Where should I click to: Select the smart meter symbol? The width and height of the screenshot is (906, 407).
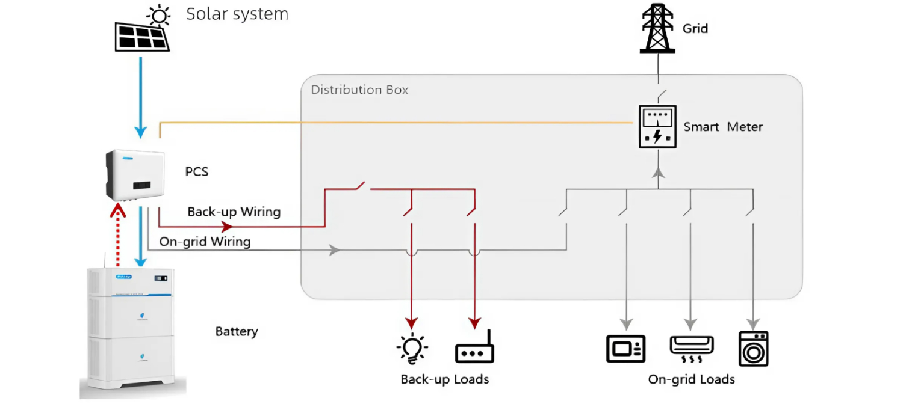click(658, 127)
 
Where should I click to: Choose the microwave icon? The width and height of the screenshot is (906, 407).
click(625, 349)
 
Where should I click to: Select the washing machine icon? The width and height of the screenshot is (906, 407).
click(753, 349)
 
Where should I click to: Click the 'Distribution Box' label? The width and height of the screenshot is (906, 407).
click(359, 90)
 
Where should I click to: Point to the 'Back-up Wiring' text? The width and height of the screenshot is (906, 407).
click(234, 212)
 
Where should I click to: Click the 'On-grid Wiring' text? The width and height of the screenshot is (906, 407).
click(205, 242)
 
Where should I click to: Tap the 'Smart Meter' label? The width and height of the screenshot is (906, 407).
click(723, 127)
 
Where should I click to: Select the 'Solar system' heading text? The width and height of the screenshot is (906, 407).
click(237, 14)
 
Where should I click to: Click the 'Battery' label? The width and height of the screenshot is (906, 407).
click(237, 331)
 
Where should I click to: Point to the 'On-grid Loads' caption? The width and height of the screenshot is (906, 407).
click(691, 379)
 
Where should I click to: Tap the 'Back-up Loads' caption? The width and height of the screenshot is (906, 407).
click(445, 379)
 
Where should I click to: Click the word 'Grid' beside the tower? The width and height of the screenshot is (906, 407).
click(695, 28)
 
